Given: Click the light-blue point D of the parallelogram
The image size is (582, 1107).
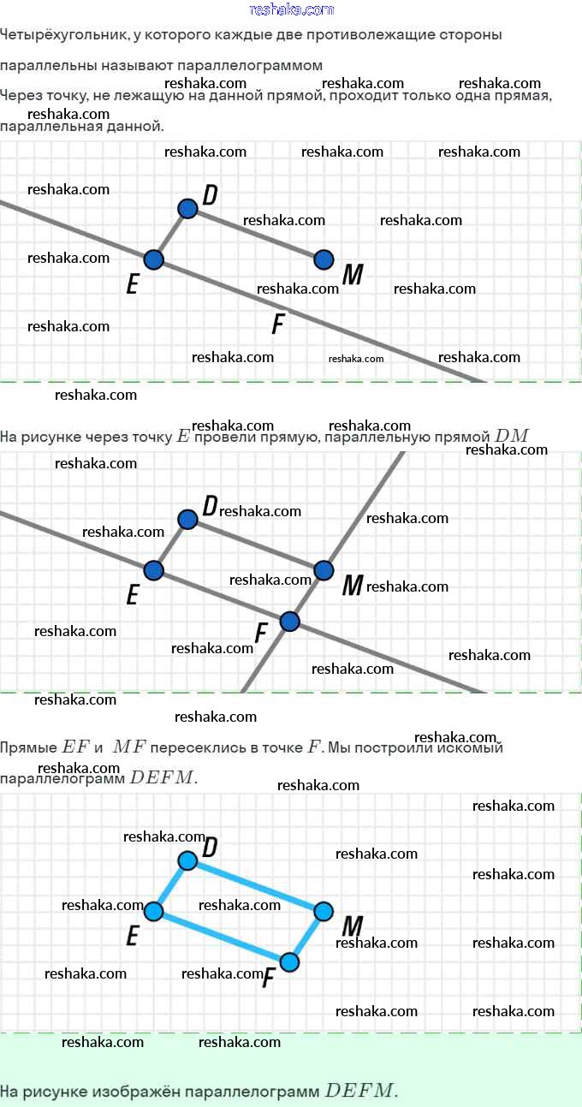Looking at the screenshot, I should (x=187, y=860).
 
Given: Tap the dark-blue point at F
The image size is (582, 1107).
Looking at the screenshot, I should (x=289, y=622).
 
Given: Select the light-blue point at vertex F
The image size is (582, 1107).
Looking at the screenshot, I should (x=289, y=962).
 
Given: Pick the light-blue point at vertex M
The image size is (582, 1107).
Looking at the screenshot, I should (x=324, y=912).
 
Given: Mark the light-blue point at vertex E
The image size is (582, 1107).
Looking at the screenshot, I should (x=154, y=912).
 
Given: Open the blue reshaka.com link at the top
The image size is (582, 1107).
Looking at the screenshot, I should (x=291, y=9).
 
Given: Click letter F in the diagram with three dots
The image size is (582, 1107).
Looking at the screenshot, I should (x=277, y=324).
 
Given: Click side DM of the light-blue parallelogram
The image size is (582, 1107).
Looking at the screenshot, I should (x=255, y=885).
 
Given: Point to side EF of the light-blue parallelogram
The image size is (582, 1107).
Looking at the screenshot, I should (x=222, y=937).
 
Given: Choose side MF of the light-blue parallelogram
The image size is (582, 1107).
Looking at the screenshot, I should (x=306, y=937).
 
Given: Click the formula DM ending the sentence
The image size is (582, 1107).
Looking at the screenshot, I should (x=511, y=436).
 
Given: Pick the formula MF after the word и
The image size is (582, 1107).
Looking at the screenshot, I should (x=129, y=747).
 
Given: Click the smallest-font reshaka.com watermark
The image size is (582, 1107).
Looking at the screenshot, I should (x=356, y=359).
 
